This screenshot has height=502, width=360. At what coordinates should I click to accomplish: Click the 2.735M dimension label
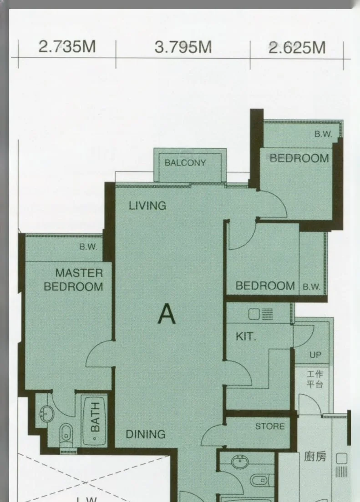coord(67,47)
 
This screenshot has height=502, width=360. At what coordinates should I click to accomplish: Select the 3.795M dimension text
coord(183,47)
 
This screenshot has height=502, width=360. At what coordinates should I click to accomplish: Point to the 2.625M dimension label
coord(297,48)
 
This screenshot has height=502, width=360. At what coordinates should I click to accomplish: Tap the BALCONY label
coord(185,163)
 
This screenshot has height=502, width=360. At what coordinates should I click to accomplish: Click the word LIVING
coord(147,206)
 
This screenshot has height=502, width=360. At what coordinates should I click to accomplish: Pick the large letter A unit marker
coord(167,314)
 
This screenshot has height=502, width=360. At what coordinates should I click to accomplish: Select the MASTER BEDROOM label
coord(74,280)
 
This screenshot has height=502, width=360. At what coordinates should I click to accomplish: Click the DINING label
coord(146,434)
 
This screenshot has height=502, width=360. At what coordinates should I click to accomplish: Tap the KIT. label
coord(246,336)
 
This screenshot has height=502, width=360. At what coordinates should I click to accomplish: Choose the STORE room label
coord(270,426)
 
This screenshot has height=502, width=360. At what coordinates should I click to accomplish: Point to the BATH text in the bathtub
coord(95,417)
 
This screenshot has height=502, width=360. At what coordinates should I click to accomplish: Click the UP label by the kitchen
coord(315,355)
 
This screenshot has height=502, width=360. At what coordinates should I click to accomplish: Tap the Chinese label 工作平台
coord(315,379)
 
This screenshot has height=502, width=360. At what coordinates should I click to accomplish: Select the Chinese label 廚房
coord(315,456)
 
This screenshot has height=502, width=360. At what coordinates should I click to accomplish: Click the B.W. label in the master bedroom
coord(88,247)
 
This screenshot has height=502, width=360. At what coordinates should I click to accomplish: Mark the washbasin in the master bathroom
coord(47,414)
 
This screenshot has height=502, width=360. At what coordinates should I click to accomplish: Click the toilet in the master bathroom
coord(66,435)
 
